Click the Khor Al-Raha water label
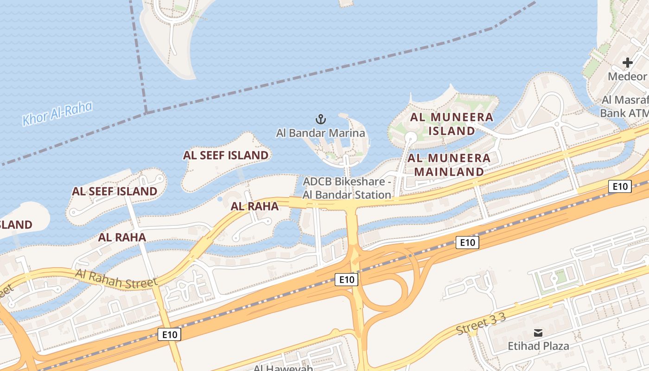pyautogui.click(x=57, y=114)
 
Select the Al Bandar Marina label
pyautogui.click(x=320, y=133)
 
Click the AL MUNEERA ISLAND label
pyautogui.click(x=452, y=124)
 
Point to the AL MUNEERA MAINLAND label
pyautogui.click(x=449, y=165)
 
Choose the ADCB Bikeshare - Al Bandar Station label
pyautogui.click(x=347, y=188)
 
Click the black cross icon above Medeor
pyautogui.click(x=628, y=63)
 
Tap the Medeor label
pyautogui.click(x=627, y=77)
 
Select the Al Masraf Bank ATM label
pyautogui.click(x=624, y=106)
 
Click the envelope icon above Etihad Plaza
pyautogui.click(x=538, y=333)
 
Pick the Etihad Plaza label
pyautogui.click(x=538, y=346)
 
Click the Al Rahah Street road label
pyautogui.click(x=116, y=278)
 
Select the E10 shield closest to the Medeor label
pyautogui.click(x=620, y=186)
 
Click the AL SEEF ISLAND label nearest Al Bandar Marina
pyautogui.click(x=226, y=155)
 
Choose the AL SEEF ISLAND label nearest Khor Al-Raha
pyautogui.click(x=115, y=191)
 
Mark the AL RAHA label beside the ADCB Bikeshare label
pyautogui.click(x=255, y=206)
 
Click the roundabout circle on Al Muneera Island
pyautogui.click(x=410, y=137)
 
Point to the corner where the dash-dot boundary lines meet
pyautogui.click(x=146, y=112)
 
